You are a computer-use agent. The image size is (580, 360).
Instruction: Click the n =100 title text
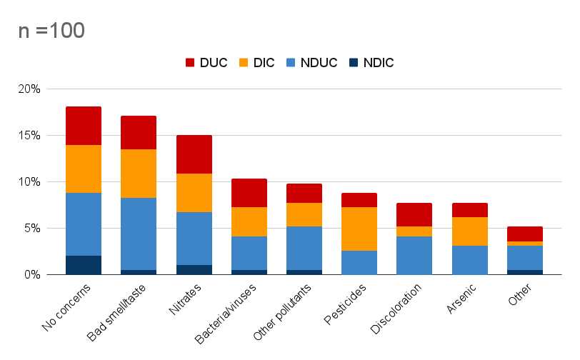[x=51, y=31]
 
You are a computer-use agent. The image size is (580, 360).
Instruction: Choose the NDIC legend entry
[x=369, y=63]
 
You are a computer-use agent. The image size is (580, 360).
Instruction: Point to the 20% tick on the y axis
[x=30, y=89]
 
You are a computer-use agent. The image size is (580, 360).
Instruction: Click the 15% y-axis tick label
[x=30, y=136]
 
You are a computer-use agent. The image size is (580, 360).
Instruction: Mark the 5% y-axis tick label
[x=33, y=229]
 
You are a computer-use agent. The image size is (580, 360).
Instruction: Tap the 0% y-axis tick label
[x=33, y=275]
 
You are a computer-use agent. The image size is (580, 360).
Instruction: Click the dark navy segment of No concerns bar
[x=84, y=265]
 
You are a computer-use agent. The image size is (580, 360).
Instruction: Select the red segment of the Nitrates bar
[x=194, y=154]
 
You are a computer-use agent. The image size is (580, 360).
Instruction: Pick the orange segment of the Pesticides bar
[x=360, y=229]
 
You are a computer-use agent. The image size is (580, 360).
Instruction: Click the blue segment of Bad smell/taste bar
[x=139, y=234]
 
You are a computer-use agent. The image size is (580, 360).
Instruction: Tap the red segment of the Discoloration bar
[x=415, y=214]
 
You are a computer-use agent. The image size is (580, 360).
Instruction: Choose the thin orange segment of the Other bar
[x=525, y=244]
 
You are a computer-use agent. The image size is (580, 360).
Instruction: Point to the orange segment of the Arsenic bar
[x=470, y=231]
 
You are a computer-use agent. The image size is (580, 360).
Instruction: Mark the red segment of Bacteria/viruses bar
[x=249, y=193]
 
